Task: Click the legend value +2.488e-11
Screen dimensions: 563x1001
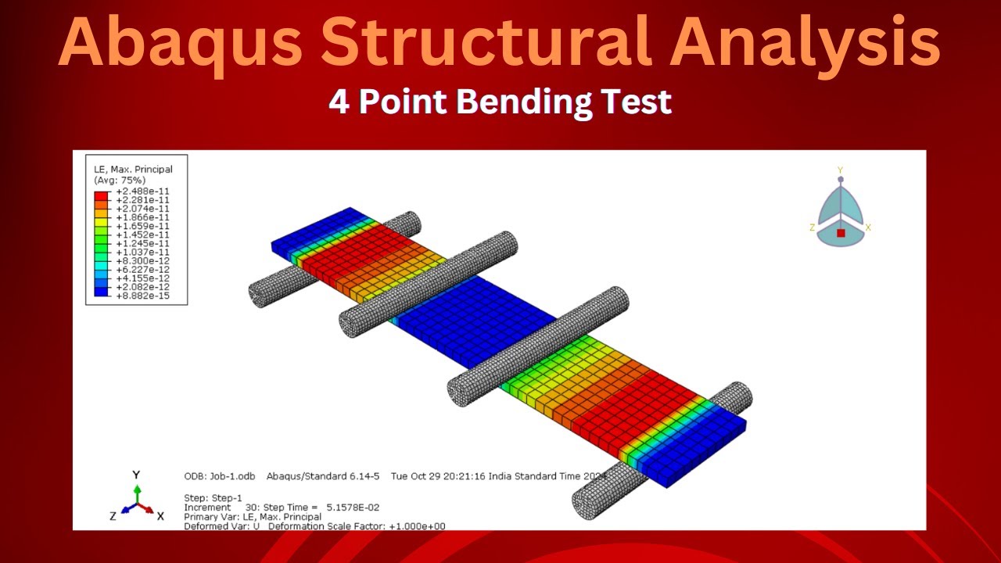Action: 142,192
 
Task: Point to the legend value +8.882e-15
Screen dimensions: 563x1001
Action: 142,295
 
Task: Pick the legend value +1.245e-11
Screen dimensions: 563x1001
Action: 142,243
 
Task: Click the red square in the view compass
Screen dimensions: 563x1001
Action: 841,232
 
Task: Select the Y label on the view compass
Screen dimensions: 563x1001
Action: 840,170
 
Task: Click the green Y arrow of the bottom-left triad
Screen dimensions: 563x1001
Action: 137,492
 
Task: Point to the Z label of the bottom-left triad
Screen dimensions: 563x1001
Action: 113,516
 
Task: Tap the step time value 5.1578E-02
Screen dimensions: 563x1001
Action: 350,507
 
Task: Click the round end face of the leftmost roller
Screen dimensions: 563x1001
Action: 257,295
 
